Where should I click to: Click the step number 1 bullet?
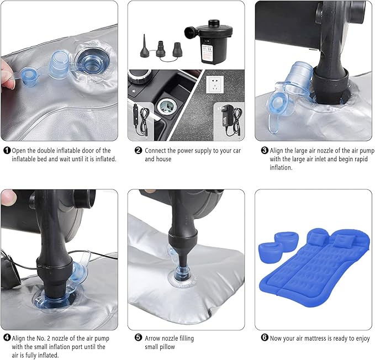[7, 150]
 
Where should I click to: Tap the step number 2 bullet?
[138, 150]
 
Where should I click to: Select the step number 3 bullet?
[265, 150]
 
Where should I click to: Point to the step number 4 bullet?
[7, 338]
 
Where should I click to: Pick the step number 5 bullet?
[138, 338]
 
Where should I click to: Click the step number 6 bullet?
[265, 338]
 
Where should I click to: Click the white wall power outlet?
[215, 84]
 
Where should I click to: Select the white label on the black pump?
[207, 53]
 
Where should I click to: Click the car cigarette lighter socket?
[168, 106]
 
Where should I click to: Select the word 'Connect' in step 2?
[155, 151]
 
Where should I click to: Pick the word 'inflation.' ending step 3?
[281, 167]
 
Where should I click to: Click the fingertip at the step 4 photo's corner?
[8, 197]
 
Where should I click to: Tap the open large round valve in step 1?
[93, 60]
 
